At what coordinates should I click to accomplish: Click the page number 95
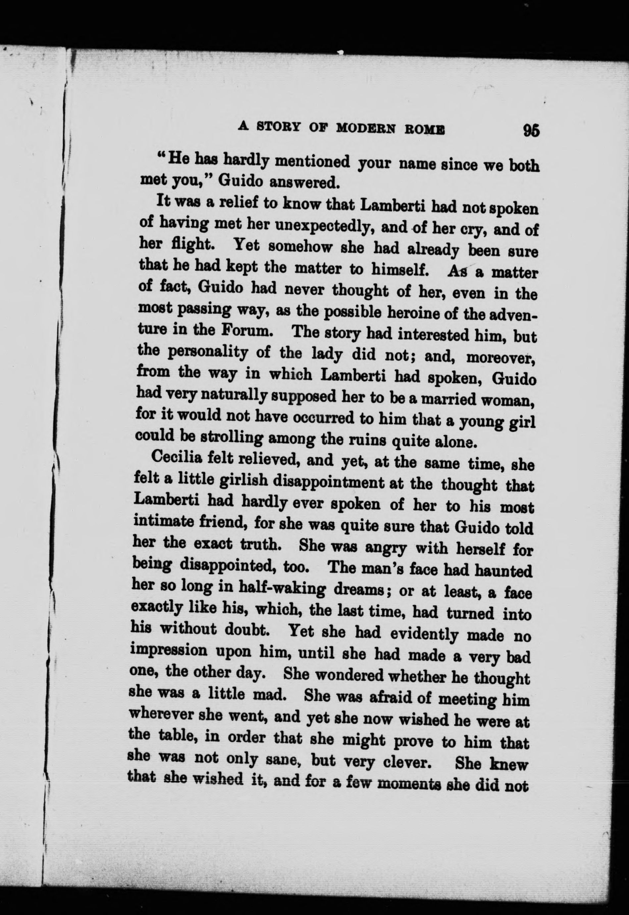(531, 131)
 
